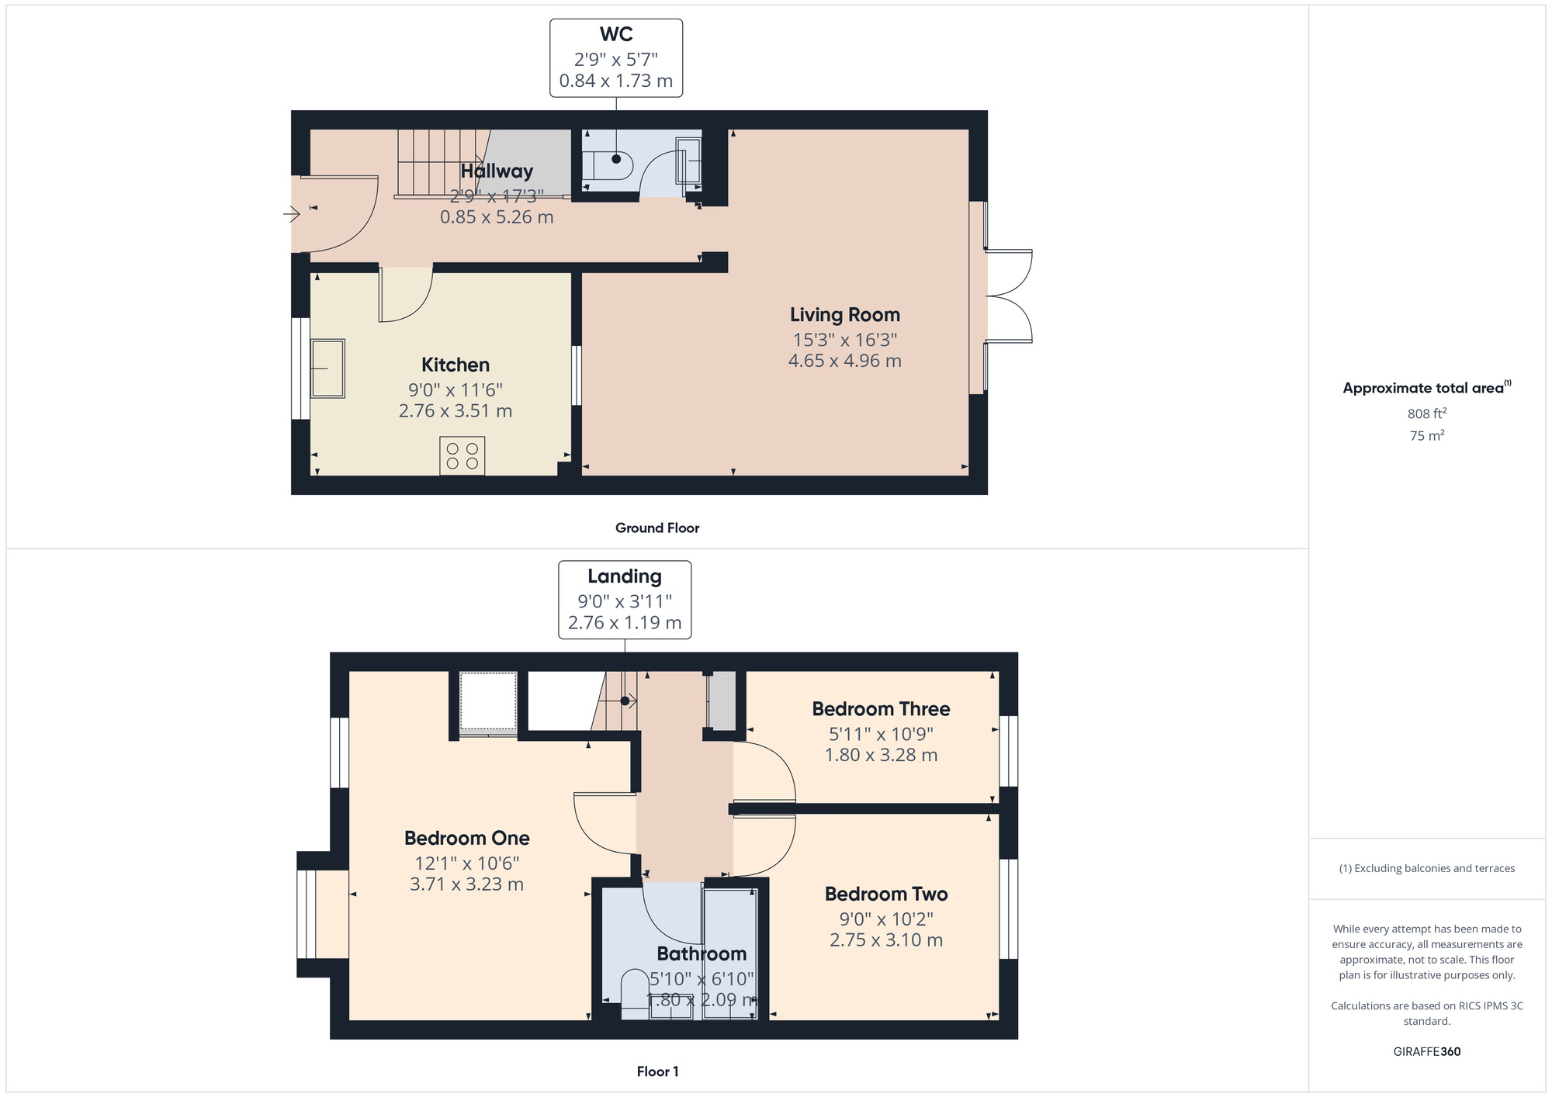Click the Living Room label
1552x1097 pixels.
click(845, 315)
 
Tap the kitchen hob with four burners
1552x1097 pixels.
click(462, 455)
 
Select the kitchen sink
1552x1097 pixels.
click(327, 369)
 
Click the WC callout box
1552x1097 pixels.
click(616, 58)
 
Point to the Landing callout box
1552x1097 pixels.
click(625, 600)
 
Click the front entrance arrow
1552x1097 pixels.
click(292, 213)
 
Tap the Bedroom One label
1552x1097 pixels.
click(467, 838)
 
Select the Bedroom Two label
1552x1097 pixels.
click(886, 894)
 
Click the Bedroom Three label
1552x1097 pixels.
click(881, 709)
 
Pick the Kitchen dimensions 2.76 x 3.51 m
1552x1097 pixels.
click(456, 411)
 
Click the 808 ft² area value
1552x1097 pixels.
click(1427, 414)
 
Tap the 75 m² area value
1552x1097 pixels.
click(1427, 435)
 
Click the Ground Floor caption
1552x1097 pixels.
click(657, 528)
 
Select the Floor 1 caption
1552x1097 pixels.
click(657, 1071)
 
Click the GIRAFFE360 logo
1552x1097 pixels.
click(1427, 1052)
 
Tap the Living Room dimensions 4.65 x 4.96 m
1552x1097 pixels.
click(845, 361)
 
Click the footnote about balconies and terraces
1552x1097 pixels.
click(1427, 868)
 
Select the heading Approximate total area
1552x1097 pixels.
click(1427, 388)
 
